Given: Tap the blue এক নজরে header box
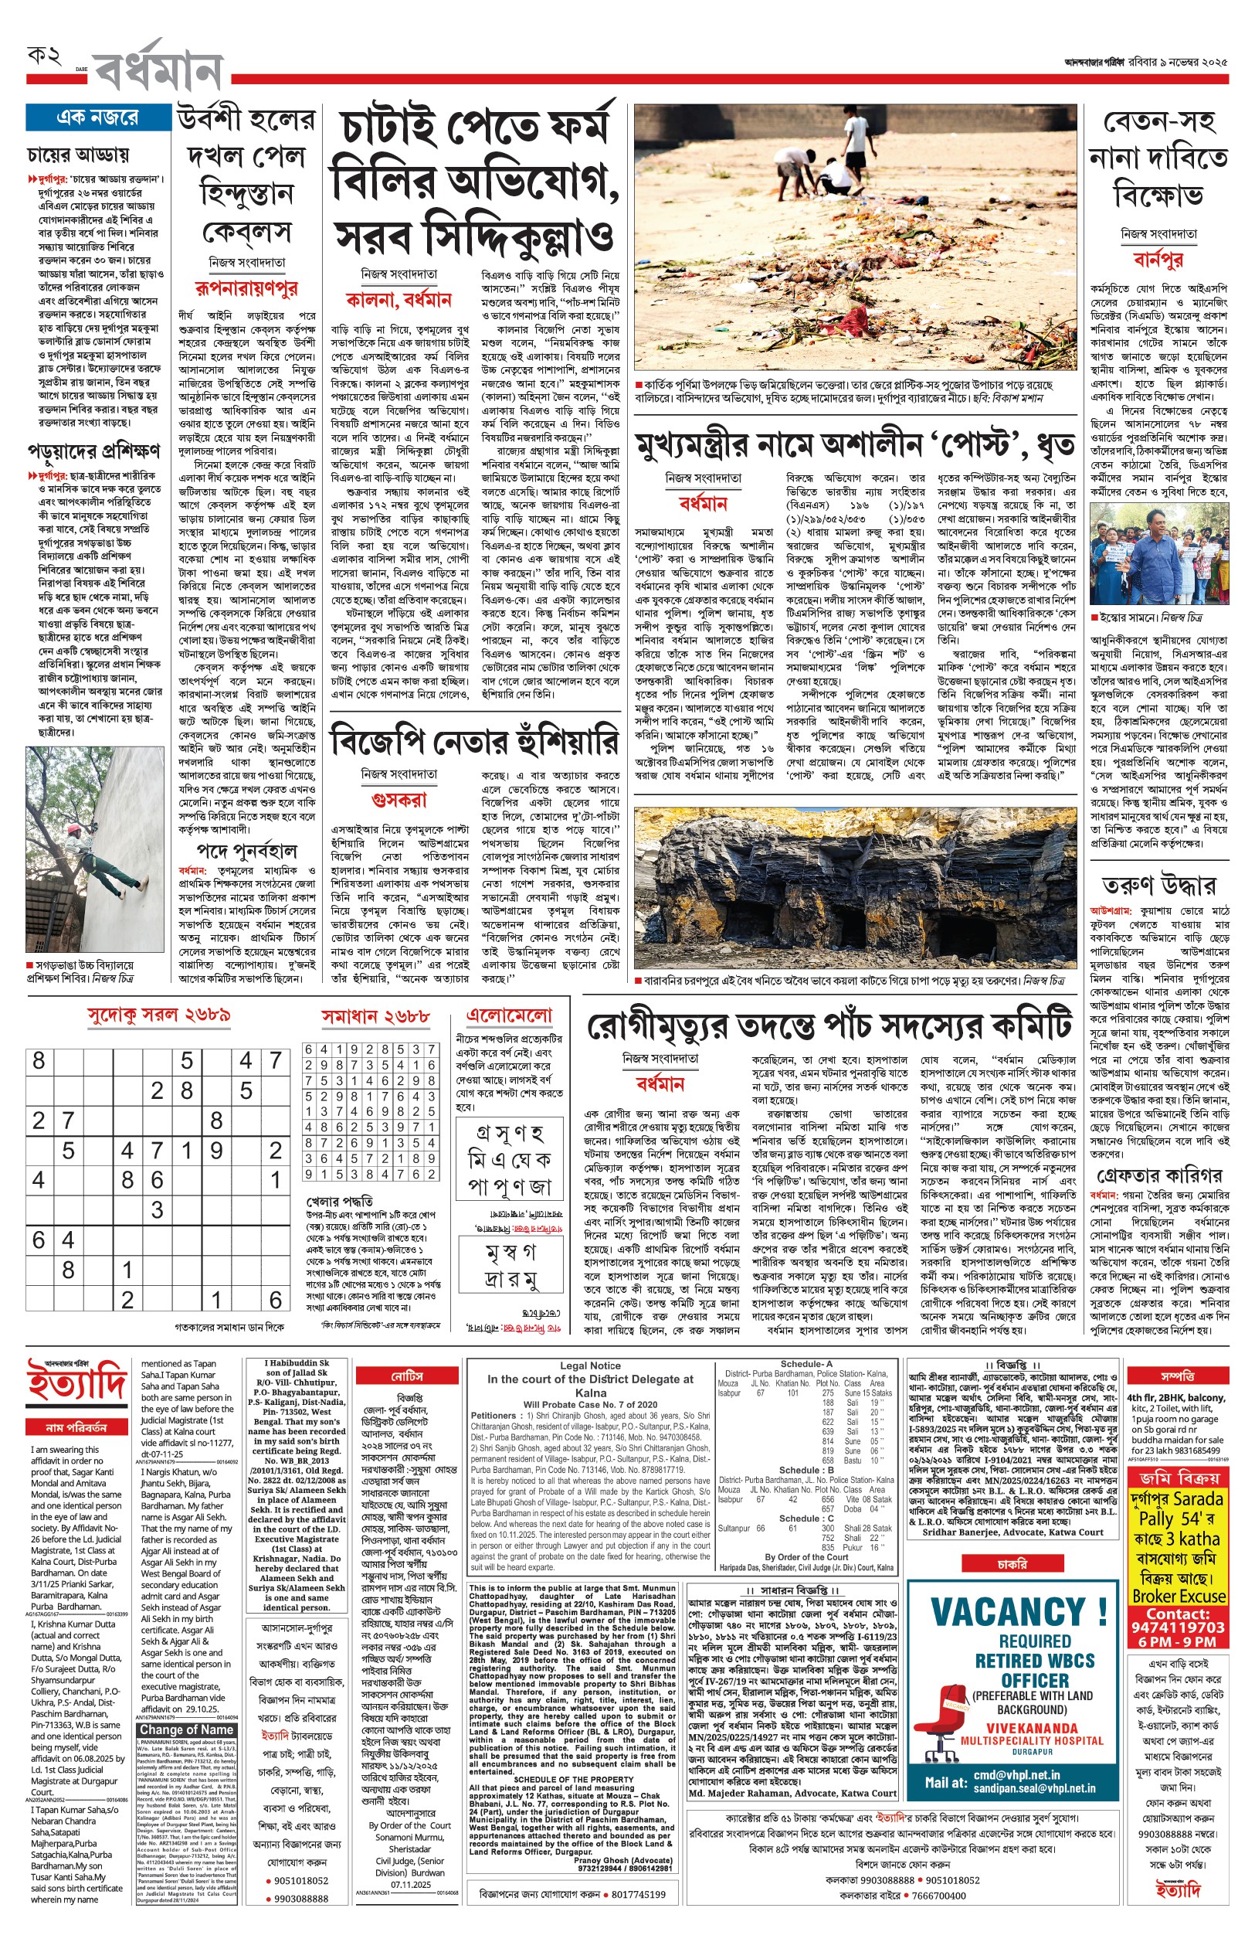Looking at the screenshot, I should pos(98,117).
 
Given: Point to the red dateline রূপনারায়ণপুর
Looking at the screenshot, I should pos(246,287).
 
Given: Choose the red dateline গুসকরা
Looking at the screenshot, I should pos(399,799).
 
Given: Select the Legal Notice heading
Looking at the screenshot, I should pos(590,1366).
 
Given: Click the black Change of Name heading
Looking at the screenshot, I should pos(188,1729).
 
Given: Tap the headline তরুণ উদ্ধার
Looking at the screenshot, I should pos(1158,886).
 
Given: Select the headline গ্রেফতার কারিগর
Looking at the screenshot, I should pos(1158,1175).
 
